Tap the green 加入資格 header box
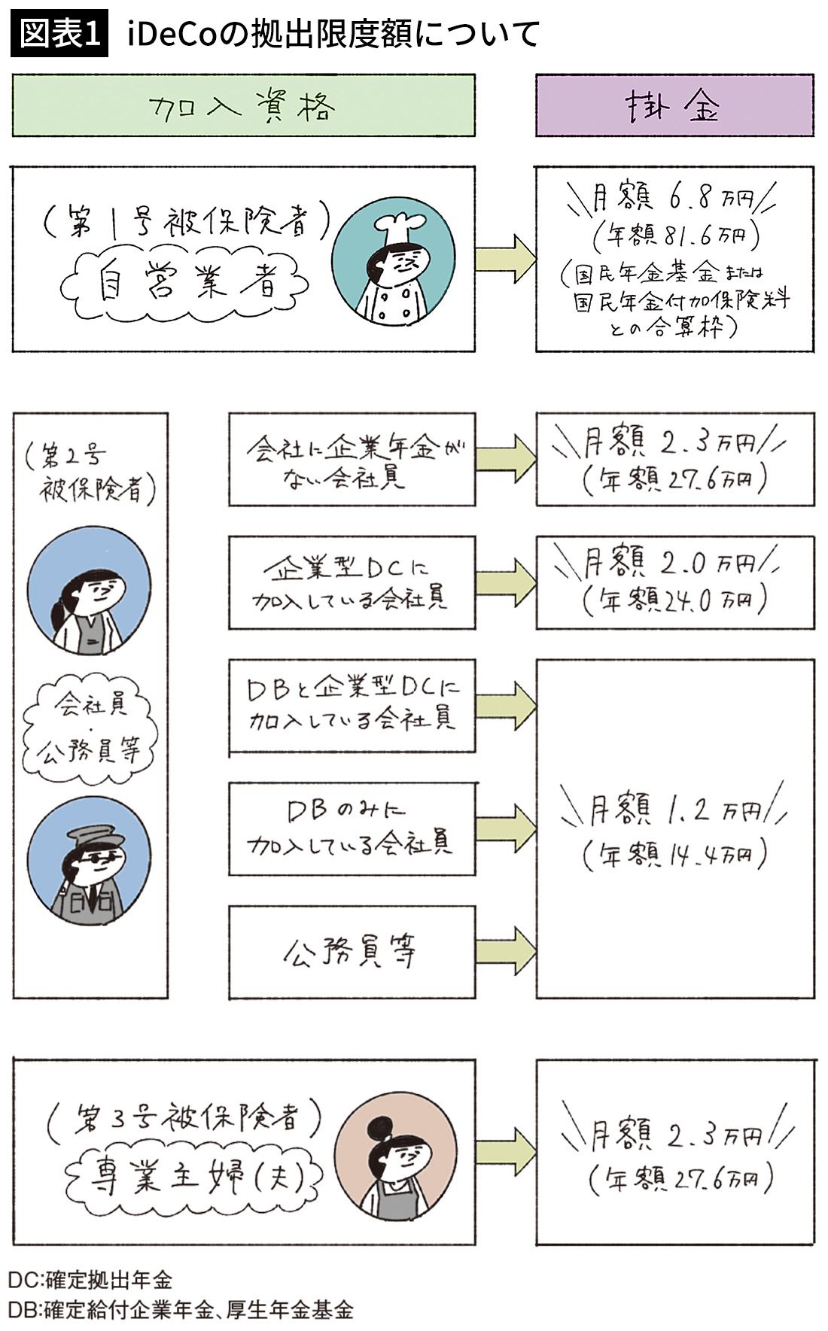pos(243,105)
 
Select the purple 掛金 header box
pos(674,105)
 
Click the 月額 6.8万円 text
pos(672,199)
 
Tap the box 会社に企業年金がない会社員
pos(352,459)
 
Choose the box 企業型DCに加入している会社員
pos(352,582)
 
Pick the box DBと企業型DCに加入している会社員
pos(352,706)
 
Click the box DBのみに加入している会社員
pos(352,828)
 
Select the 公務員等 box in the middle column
pos(352,952)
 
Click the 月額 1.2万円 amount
pos(672,811)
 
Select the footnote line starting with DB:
pos(181,1309)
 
